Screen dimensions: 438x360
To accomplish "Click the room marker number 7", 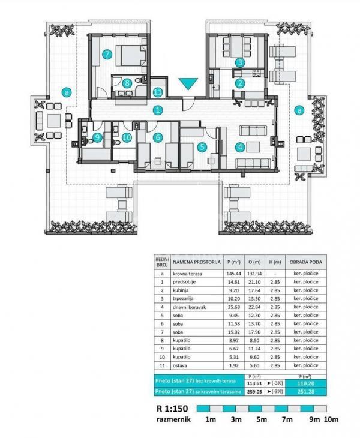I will click(107, 54).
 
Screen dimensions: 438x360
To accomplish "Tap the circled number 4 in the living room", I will click(239, 146).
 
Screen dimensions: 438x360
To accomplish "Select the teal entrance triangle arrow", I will click(188, 85).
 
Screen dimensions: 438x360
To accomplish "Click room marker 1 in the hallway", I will click(157, 110).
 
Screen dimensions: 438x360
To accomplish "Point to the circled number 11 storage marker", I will click(157, 92).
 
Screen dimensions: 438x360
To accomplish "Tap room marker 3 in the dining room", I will click(239, 62).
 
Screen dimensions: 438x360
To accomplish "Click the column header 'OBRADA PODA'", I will click(305, 262).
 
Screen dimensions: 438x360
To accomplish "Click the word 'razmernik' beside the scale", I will click(174, 419).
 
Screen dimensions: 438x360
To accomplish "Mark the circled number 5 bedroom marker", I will click(202, 146).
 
